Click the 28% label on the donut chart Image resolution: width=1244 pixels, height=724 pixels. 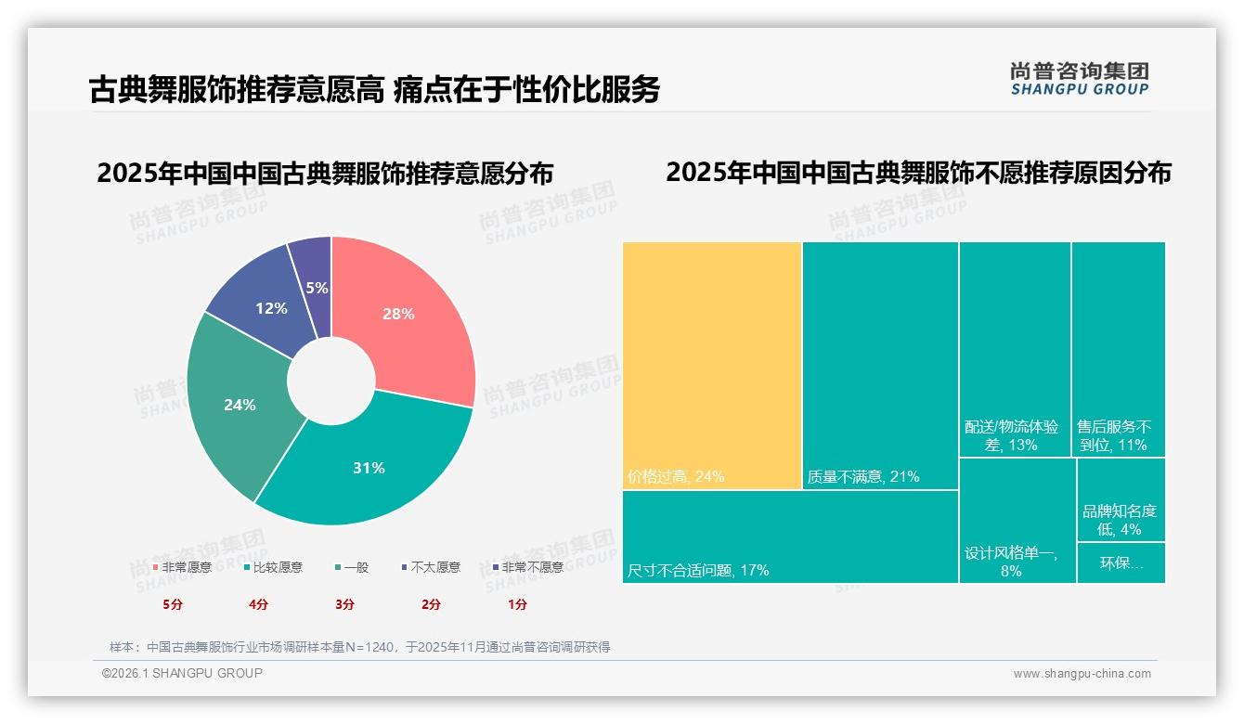[398, 314]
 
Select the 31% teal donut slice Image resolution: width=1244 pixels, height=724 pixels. [369, 468]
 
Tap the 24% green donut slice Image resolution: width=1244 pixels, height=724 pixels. [240, 405]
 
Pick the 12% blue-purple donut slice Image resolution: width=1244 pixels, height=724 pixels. [271, 308]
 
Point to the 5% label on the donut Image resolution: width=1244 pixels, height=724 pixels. [317, 288]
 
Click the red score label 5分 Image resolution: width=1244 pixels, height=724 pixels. [174, 604]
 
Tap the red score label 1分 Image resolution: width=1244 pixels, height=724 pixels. [517, 604]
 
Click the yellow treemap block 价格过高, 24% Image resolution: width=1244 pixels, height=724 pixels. [712, 362]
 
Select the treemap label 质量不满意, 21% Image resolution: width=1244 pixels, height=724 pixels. [862, 477]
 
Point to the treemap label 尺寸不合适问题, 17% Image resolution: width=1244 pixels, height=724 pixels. [698, 570]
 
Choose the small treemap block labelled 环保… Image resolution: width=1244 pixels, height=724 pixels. [1121, 562]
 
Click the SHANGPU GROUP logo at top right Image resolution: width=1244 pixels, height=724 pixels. [1079, 78]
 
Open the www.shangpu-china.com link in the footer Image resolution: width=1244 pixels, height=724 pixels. [1082, 674]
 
